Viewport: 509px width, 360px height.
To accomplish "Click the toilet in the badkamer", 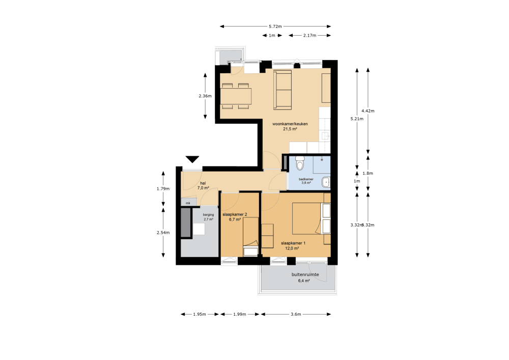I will (x=300, y=164).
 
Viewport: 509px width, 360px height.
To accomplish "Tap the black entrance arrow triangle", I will (x=192, y=159).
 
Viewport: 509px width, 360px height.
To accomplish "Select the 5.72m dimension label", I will (x=275, y=26).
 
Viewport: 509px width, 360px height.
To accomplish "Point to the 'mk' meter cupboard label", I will (x=188, y=203).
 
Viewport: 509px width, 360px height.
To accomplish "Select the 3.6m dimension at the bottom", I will (x=296, y=314).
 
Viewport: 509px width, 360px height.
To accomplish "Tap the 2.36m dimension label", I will (x=205, y=96).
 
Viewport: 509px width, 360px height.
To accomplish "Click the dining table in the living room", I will (x=236, y=96).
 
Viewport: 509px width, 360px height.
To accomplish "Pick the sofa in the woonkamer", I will (x=282, y=90).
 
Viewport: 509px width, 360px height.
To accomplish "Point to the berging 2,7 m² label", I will (x=208, y=217).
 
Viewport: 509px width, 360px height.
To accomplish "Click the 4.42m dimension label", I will (x=367, y=110).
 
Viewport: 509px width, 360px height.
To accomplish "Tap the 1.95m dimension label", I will (x=200, y=314).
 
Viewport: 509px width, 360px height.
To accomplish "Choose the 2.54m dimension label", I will (x=163, y=233).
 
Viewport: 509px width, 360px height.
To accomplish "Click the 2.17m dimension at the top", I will (x=309, y=36).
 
